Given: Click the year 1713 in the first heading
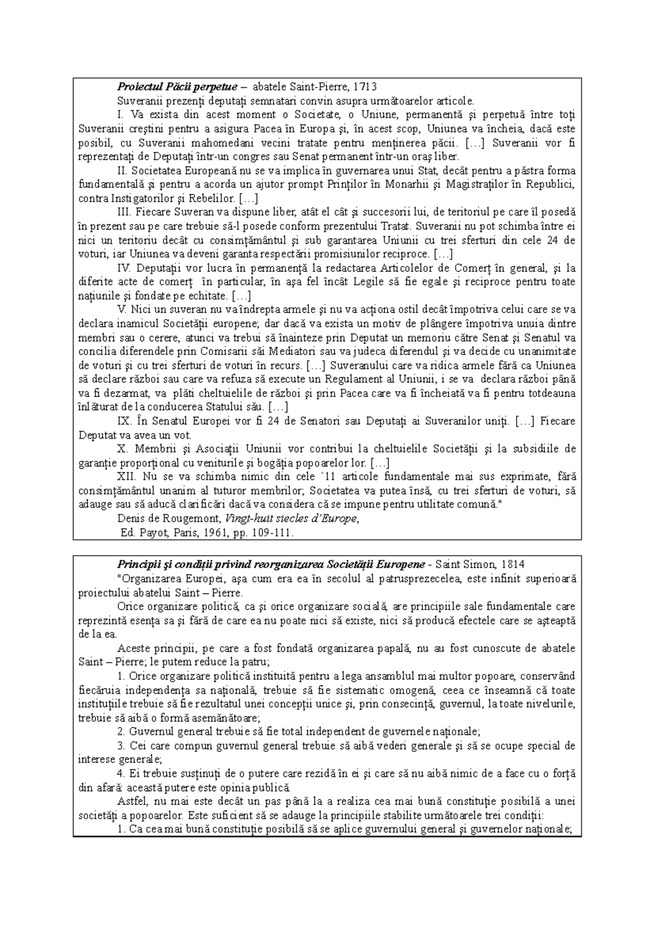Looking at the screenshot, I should (x=365, y=86).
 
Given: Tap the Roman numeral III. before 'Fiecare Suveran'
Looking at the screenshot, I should (x=123, y=212).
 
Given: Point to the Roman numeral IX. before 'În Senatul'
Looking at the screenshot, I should (x=123, y=421).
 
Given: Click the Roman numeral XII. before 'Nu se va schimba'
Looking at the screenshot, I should (x=125, y=477).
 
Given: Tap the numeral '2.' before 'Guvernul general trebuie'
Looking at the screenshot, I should (x=120, y=732).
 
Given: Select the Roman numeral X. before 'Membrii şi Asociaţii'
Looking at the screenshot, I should (x=121, y=449).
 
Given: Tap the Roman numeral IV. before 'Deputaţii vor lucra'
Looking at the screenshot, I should (x=124, y=268).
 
